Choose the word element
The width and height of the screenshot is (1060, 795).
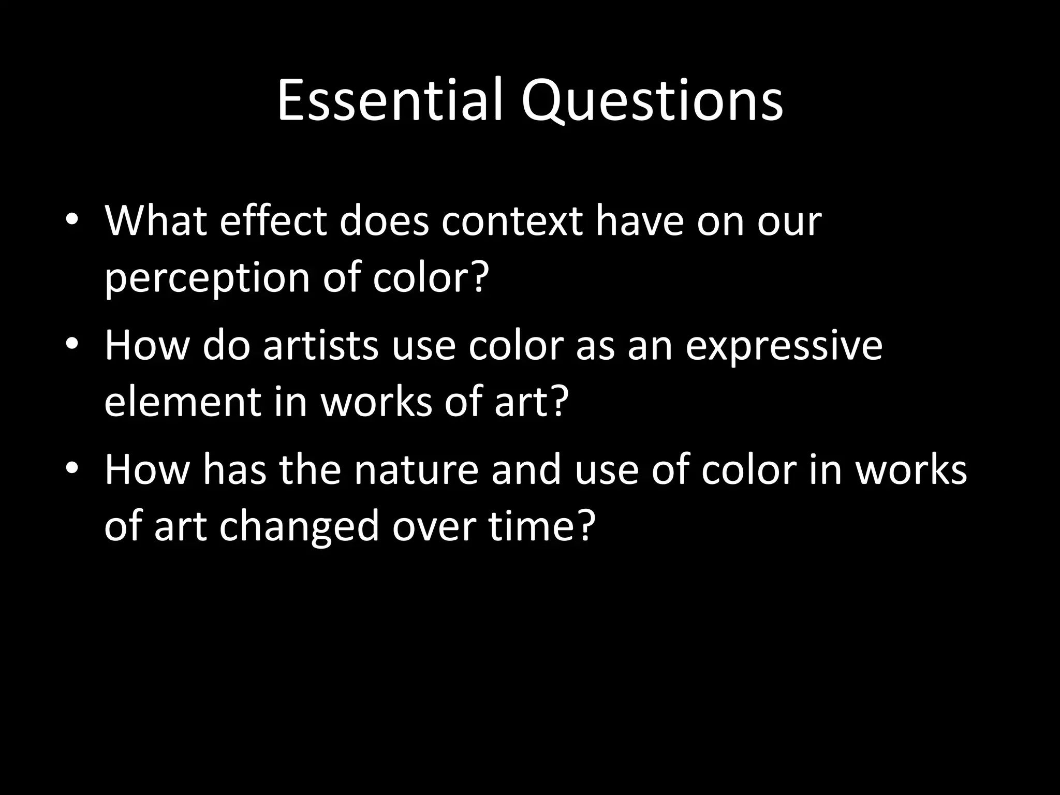click(183, 402)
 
